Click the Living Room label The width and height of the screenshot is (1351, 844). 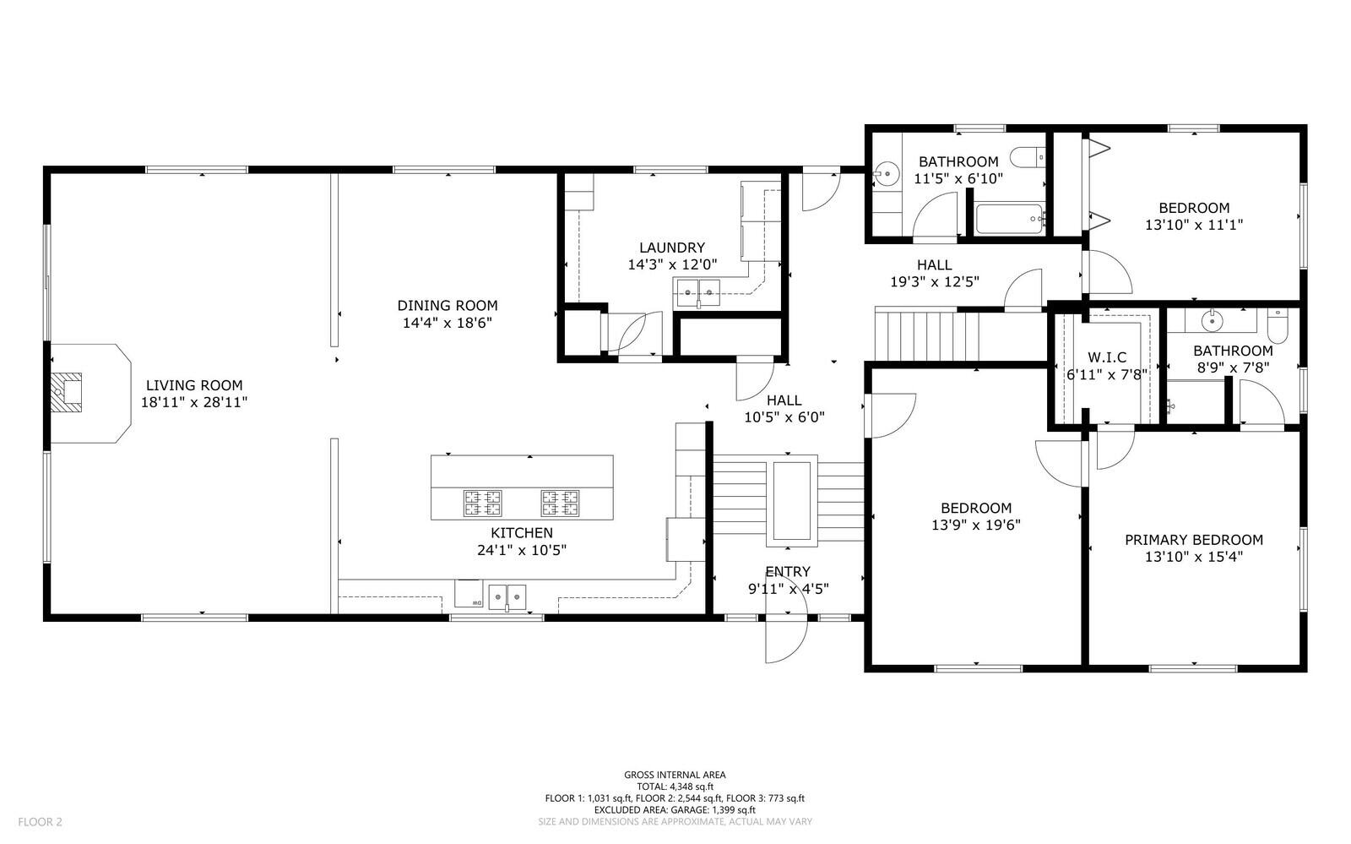pos(194,385)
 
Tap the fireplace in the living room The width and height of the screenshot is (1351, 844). pos(66,392)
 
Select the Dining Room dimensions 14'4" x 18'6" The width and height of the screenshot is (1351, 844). pos(448,323)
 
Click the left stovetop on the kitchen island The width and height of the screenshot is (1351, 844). pos(482,504)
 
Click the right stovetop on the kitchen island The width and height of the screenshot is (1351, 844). pos(561,504)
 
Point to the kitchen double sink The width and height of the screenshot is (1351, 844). pos(507,596)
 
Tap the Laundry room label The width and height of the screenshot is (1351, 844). pos(672,248)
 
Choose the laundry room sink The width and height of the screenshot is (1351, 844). pos(697,292)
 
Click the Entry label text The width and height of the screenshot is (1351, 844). pos(788,571)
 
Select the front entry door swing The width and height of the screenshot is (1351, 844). pos(786,640)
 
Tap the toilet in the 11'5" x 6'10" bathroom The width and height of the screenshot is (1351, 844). pos(1027,157)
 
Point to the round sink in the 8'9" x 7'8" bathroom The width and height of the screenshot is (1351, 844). pos(1212,320)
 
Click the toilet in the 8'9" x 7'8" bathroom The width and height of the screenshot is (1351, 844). pos(1278,326)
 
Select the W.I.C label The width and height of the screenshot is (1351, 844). pos(1107,357)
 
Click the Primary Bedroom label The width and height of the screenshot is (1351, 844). pos(1194,539)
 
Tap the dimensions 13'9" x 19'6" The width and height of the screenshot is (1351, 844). pos(976,525)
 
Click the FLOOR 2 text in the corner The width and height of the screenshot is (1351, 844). pos(40,822)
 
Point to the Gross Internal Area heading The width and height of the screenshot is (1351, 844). pos(675,775)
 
